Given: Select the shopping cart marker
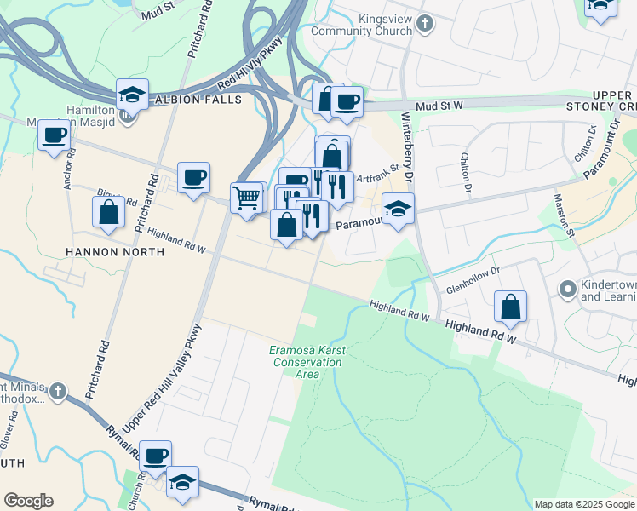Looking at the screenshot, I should pyautogui.click(x=247, y=198).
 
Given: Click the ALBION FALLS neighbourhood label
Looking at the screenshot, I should pyautogui.click(x=198, y=100).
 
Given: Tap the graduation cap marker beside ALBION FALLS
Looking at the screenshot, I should pyautogui.click(x=132, y=95).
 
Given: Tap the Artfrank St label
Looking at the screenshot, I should pyautogui.click(x=377, y=175).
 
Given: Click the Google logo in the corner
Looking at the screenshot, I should pyautogui.click(x=28, y=501).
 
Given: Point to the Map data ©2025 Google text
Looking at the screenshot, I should pyautogui.click(x=584, y=504).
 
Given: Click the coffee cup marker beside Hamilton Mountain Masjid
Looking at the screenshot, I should pyautogui.click(x=55, y=135).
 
